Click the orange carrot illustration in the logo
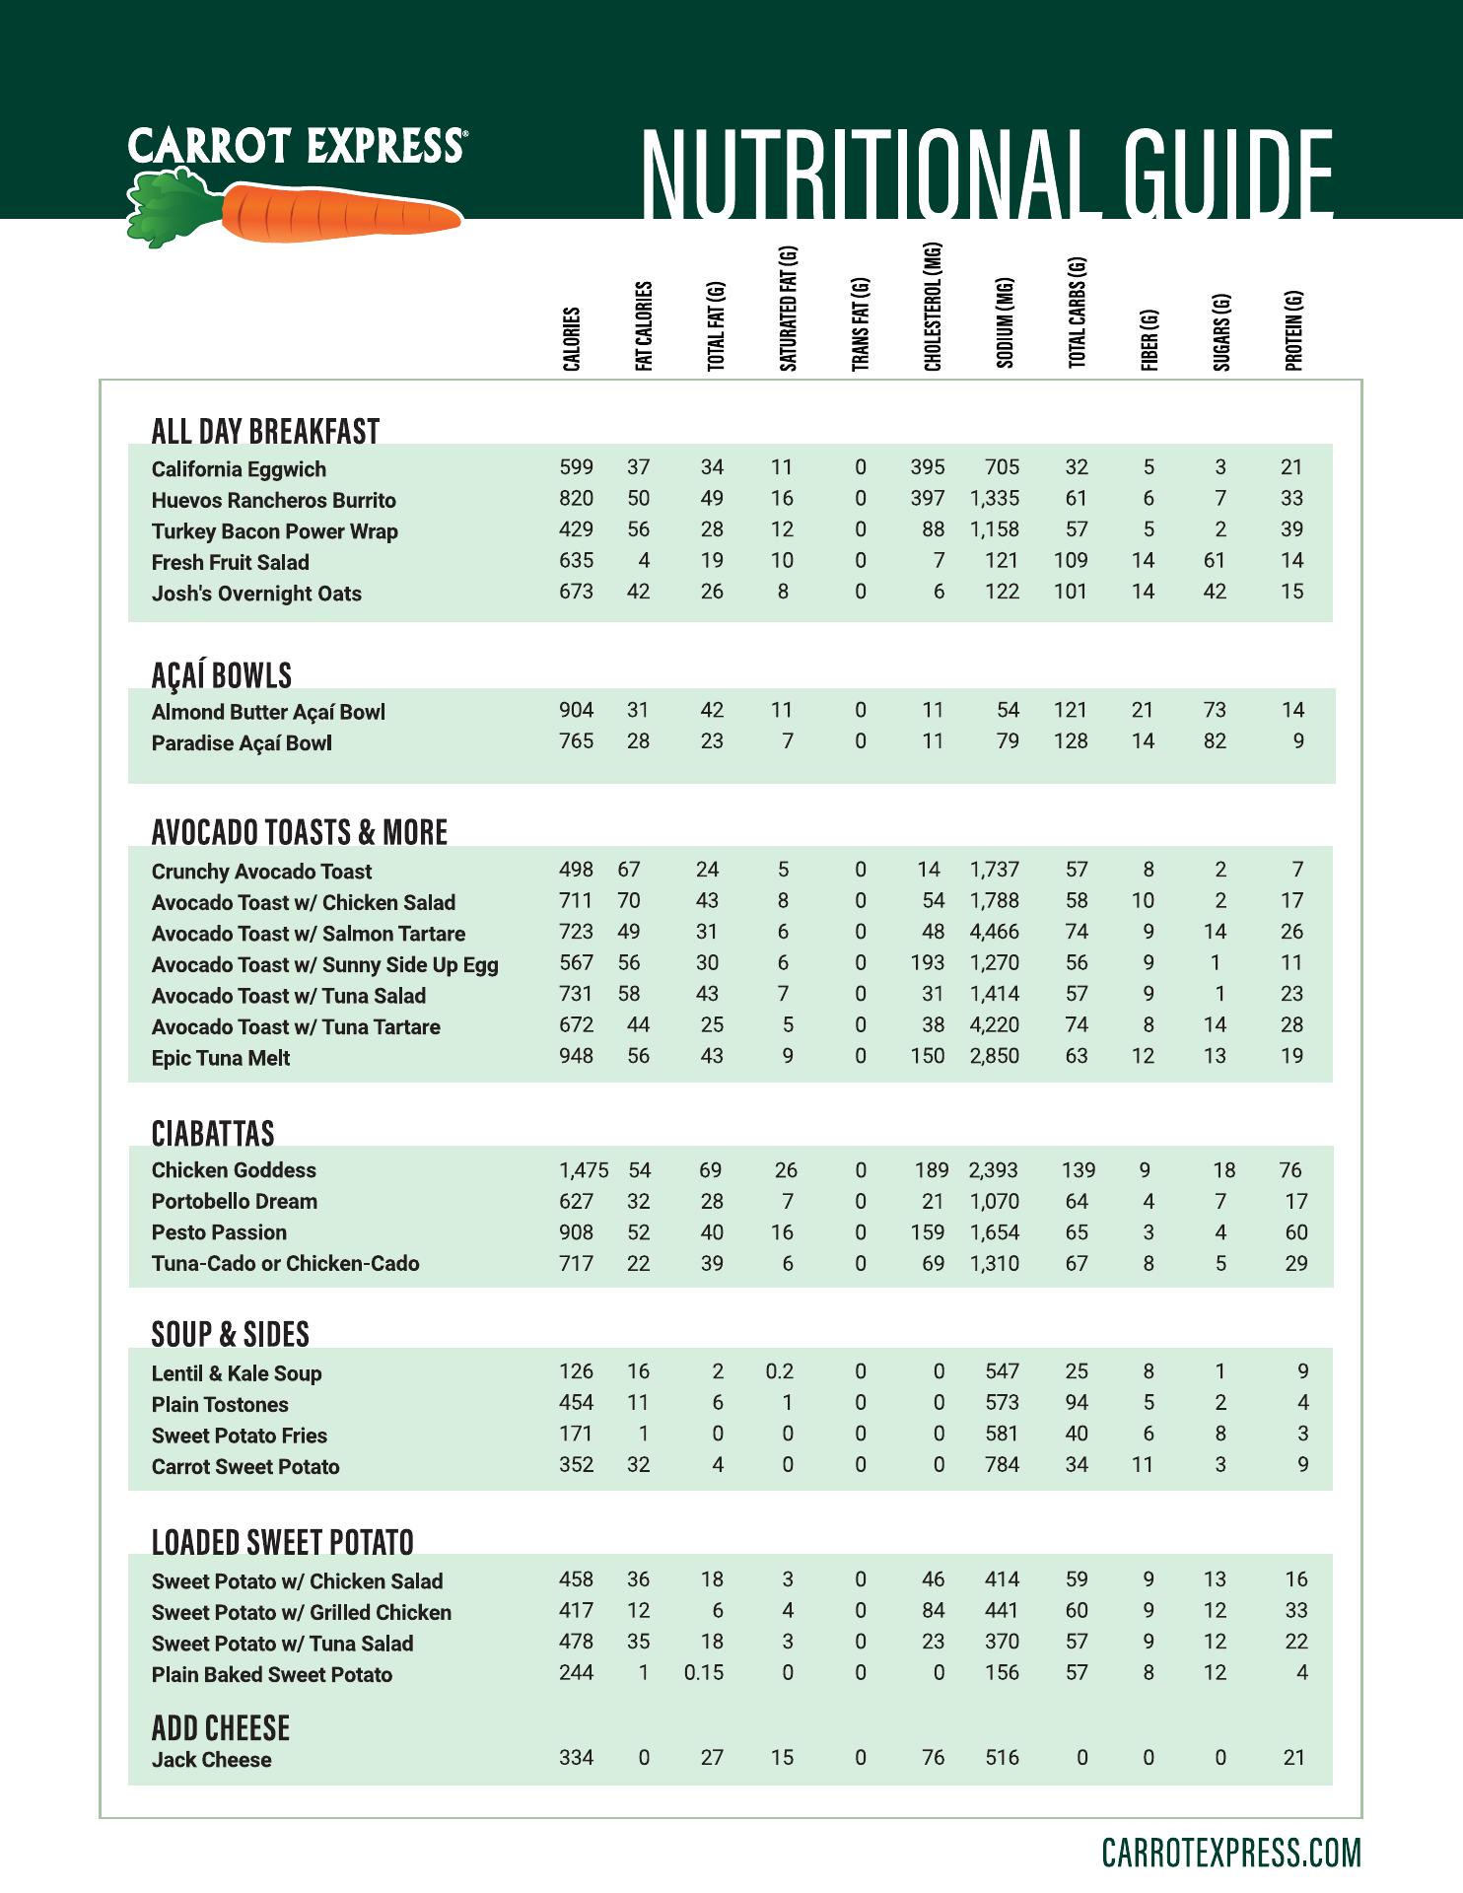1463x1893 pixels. pos(340,212)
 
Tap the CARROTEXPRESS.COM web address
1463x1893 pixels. pos(1231,1853)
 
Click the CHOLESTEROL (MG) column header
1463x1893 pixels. pos(933,307)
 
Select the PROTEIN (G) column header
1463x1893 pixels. pos(1293,330)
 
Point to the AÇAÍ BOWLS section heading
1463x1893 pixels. pos(222,675)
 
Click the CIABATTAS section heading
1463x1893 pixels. pos(213,1134)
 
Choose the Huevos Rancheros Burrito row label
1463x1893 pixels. pos(274,500)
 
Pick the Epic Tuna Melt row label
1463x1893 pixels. pos(221,1058)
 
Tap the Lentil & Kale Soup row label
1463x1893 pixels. pos(237,1373)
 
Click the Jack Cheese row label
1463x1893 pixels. pos(212,1760)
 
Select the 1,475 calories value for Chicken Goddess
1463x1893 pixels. pos(584,1170)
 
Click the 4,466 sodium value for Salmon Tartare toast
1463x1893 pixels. pos(995,932)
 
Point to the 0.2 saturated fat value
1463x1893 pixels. pos(780,1371)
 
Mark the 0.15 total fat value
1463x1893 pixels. pos(704,1673)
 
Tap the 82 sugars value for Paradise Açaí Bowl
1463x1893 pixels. pos(1215,741)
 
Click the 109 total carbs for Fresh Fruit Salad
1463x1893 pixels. pos(1071,561)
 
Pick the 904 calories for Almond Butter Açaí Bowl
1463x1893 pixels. pos(577,710)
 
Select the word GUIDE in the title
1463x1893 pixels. pos(1219,174)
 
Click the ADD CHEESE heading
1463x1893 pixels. pos(221,1728)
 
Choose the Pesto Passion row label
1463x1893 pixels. pos(220,1232)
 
